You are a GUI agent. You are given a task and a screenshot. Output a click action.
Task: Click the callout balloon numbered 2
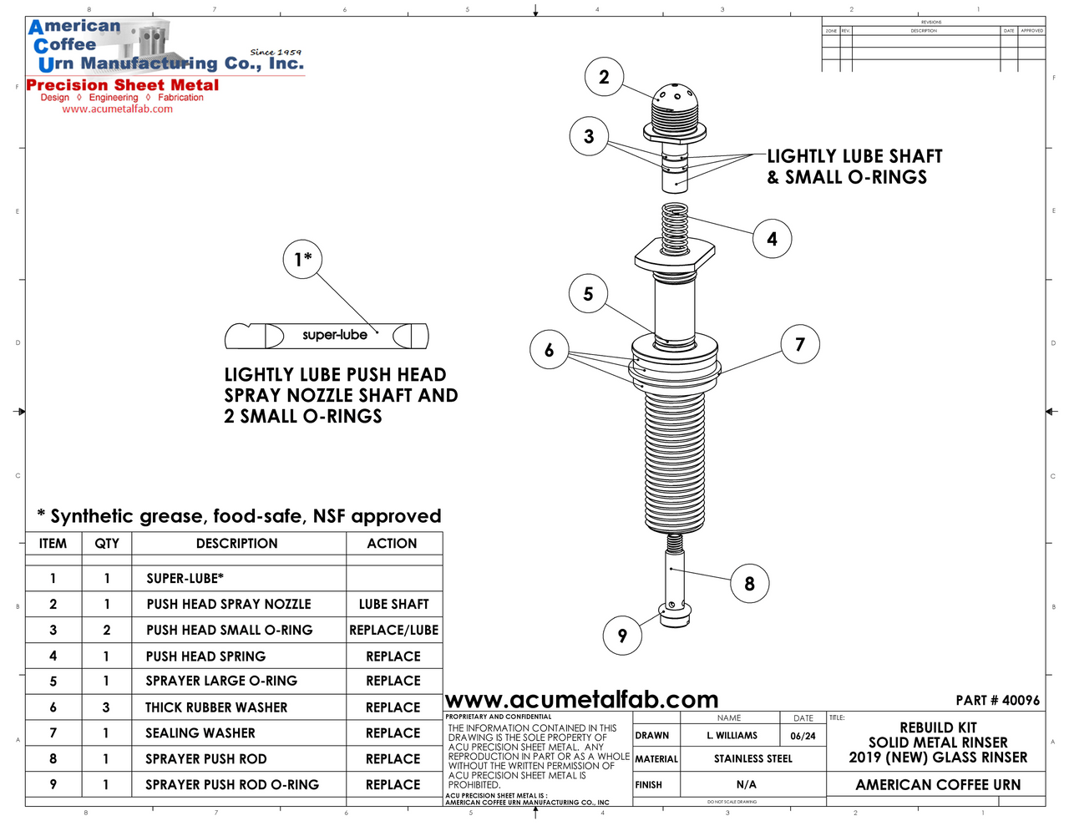(x=604, y=77)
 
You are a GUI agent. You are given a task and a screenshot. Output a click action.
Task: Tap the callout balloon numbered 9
(x=622, y=636)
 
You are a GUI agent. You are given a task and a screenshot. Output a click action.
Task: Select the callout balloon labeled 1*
(x=302, y=258)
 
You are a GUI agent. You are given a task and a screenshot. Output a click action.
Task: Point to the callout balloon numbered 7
(x=800, y=344)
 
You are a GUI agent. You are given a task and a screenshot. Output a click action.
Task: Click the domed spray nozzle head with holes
(x=675, y=104)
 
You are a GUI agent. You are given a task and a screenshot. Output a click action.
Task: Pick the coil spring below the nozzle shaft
(x=674, y=228)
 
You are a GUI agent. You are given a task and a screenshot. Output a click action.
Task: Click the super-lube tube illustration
(x=327, y=336)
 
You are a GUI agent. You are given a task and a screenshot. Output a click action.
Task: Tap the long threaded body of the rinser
(x=675, y=459)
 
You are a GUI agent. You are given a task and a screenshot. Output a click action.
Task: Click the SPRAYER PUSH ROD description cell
(x=206, y=759)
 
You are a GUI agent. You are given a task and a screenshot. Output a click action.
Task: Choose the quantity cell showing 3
(x=106, y=707)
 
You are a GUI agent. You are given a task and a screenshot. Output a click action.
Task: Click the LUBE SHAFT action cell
(x=393, y=604)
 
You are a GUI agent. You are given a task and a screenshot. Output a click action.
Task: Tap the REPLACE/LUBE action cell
(x=393, y=630)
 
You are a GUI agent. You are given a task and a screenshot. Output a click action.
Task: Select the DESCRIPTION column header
(x=237, y=544)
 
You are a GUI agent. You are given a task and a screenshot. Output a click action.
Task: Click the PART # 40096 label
(x=997, y=700)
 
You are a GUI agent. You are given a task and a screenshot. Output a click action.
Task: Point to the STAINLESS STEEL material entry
(x=752, y=758)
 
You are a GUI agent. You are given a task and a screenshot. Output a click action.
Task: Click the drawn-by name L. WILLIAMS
(x=732, y=736)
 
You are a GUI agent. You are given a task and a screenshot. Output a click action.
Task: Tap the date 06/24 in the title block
(x=803, y=736)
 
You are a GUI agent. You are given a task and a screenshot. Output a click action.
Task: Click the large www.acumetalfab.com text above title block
(x=581, y=699)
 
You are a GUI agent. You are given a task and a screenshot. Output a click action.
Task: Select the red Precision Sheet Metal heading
(x=123, y=85)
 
